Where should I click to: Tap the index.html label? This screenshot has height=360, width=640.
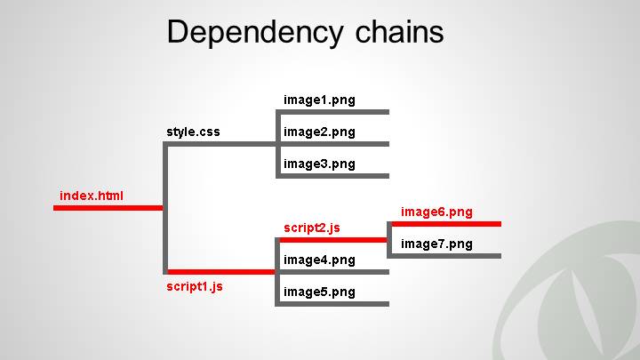pyautogui.click(x=92, y=196)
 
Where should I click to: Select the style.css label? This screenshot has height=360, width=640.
pyautogui.click(x=193, y=132)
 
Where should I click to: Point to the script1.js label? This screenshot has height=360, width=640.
pyautogui.click(x=195, y=286)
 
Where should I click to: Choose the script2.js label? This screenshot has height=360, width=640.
pyautogui.click(x=312, y=228)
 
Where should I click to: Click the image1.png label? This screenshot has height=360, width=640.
pyautogui.click(x=319, y=100)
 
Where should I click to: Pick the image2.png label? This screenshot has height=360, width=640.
pyautogui.click(x=319, y=132)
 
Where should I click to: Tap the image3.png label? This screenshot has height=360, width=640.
pyautogui.click(x=319, y=164)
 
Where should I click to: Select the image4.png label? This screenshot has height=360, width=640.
pyautogui.click(x=319, y=260)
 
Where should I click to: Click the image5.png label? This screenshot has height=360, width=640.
pyautogui.click(x=319, y=292)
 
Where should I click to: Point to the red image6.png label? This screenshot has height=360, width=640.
pyautogui.click(x=436, y=212)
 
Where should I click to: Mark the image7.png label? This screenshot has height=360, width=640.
pyautogui.click(x=436, y=244)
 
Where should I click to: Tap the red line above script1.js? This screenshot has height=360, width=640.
pyautogui.click(x=220, y=272)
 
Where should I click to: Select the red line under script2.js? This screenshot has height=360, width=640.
pyautogui.click(x=334, y=240)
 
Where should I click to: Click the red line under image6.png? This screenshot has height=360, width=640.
pyautogui.click(x=444, y=224)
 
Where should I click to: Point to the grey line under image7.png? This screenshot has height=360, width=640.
pyautogui.click(x=444, y=256)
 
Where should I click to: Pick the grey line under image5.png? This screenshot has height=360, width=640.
pyautogui.click(x=334, y=304)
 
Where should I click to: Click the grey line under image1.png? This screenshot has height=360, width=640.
pyautogui.click(x=334, y=112)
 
